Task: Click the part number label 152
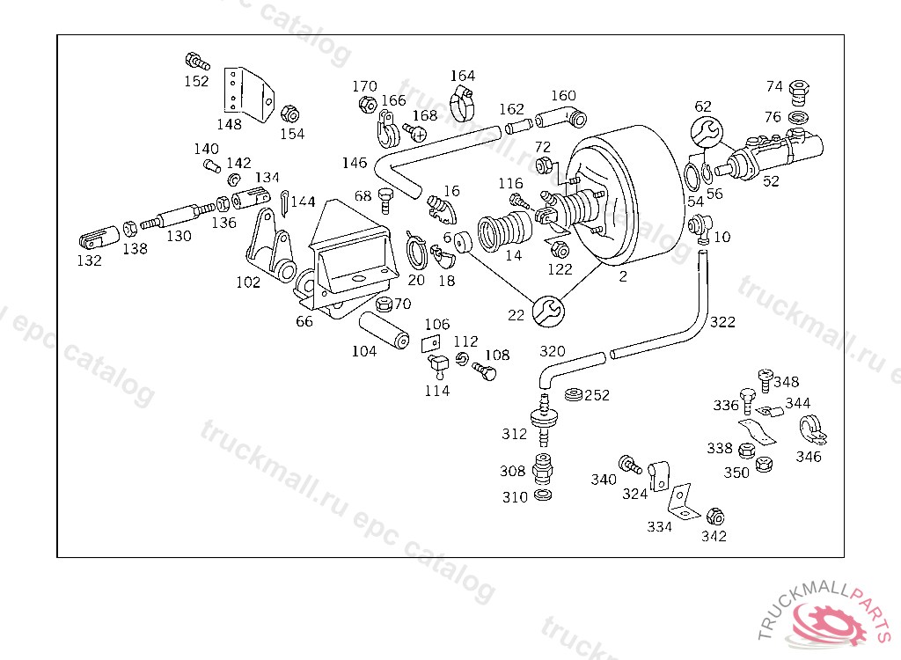pyautogui.click(x=196, y=81)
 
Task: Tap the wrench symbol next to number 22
pyautogui.click(x=548, y=312)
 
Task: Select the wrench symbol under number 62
pyautogui.click(x=707, y=132)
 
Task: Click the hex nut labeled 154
pyautogui.click(x=290, y=114)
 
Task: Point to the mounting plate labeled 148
pyautogui.click(x=248, y=94)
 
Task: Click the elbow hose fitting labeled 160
pyautogui.click(x=561, y=119)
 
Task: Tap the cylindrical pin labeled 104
pyautogui.click(x=384, y=330)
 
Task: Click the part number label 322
pyautogui.click(x=722, y=322)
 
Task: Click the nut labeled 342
pyautogui.click(x=714, y=517)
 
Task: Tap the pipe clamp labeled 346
pyautogui.click(x=812, y=430)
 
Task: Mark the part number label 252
pyautogui.click(x=597, y=395)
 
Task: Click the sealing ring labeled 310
pyautogui.click(x=543, y=495)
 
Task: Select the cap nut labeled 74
pyautogui.click(x=799, y=92)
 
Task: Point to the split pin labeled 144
pyautogui.click(x=285, y=203)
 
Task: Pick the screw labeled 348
pyautogui.click(x=765, y=380)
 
